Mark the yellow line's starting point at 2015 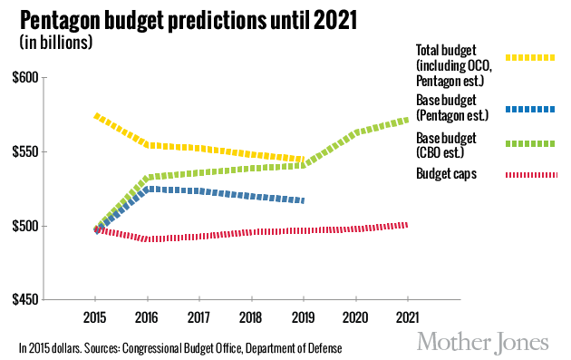tap(96, 115)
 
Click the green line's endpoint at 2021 tap(407, 119)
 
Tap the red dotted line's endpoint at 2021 tap(407, 224)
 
